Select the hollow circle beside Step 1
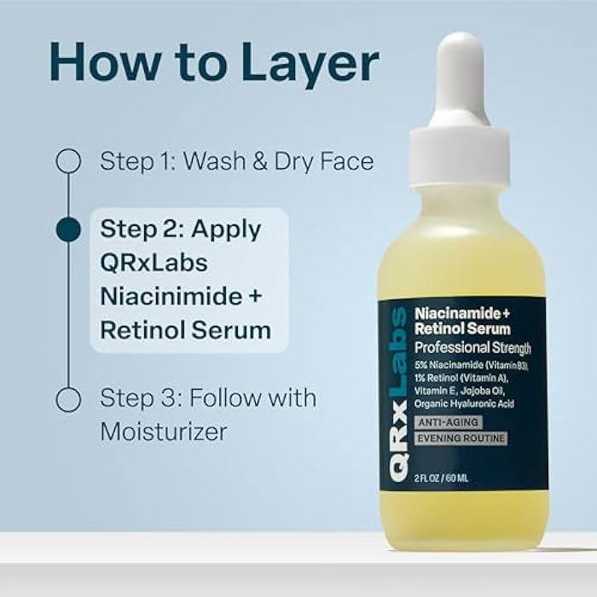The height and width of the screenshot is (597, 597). click(x=68, y=160)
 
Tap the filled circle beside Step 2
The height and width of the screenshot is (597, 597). click(x=68, y=229)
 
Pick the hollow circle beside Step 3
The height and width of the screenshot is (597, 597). click(x=68, y=398)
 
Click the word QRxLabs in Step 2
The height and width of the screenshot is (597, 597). click(x=154, y=262)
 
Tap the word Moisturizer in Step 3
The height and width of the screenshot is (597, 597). click(x=164, y=432)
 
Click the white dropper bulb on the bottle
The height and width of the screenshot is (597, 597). click(x=460, y=81)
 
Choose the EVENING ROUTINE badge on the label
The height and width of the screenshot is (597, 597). click(x=461, y=438)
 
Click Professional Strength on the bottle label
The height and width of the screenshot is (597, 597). click(x=472, y=347)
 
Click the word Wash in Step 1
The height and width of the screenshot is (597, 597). click(x=213, y=161)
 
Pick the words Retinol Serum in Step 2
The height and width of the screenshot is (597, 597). click(x=185, y=330)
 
